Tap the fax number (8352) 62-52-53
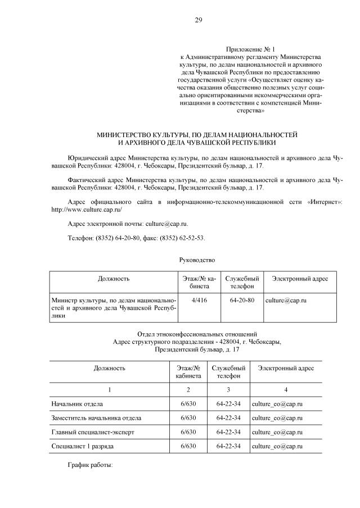click(183, 238)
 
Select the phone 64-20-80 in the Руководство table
click(242, 301)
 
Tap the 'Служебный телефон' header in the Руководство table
click(242, 282)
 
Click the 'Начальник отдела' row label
click(77, 403)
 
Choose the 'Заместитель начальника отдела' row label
click(96, 418)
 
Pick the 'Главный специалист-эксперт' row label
click(93, 432)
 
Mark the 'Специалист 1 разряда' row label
click(83, 446)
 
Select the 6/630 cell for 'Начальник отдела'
click(188, 403)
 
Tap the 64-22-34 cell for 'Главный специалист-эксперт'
click(228, 432)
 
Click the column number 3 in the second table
click(228, 389)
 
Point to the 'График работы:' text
click(90, 466)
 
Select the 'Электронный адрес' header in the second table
click(286, 368)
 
